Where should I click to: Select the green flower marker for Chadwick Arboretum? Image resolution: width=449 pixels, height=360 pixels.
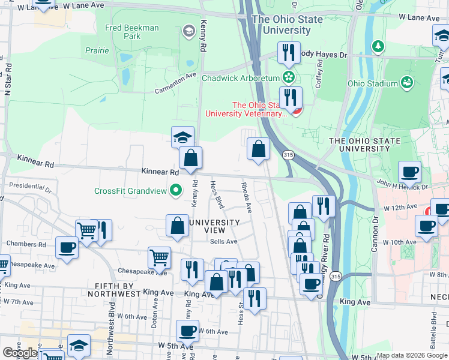(x=289, y=77)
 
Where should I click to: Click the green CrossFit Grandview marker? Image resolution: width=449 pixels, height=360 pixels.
(x=175, y=191)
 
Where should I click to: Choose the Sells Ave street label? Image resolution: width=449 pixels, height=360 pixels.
(x=224, y=241)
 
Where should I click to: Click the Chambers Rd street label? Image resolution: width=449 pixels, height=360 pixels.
(x=26, y=244)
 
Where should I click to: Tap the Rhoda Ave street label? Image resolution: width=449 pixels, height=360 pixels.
(x=246, y=196)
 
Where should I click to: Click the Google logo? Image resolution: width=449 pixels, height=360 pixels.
(x=20, y=353)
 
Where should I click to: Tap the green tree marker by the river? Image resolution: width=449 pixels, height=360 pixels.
(x=378, y=46)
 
